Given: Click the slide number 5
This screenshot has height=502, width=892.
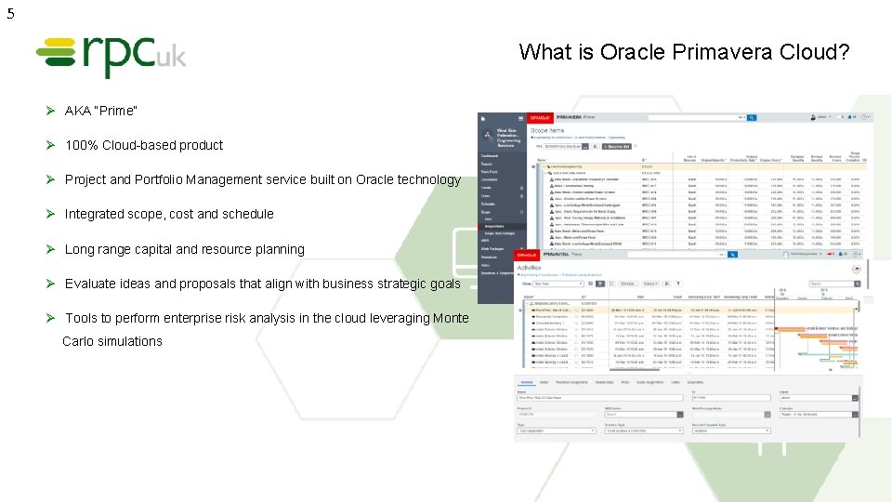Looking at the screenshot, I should click(x=10, y=13).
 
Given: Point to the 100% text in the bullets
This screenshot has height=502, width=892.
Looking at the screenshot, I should click(x=81, y=145).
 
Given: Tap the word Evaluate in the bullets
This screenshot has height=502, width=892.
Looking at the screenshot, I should click(x=90, y=284).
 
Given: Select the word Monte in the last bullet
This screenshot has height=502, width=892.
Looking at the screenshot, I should click(x=450, y=318).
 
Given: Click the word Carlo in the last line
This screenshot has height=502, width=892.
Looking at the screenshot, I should click(x=81, y=341).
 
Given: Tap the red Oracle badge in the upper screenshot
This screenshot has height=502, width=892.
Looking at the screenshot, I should click(x=540, y=118).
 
